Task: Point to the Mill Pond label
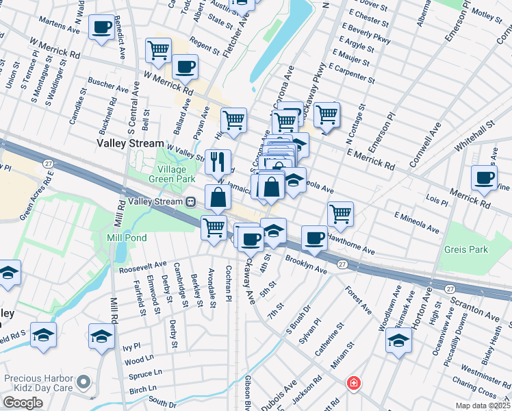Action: [x=123, y=238]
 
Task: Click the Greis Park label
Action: [x=465, y=250]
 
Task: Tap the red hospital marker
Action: [x=353, y=382]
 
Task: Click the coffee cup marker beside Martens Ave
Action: [x=101, y=29]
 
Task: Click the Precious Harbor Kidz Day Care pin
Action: [x=84, y=381]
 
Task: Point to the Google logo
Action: [x=23, y=403]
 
